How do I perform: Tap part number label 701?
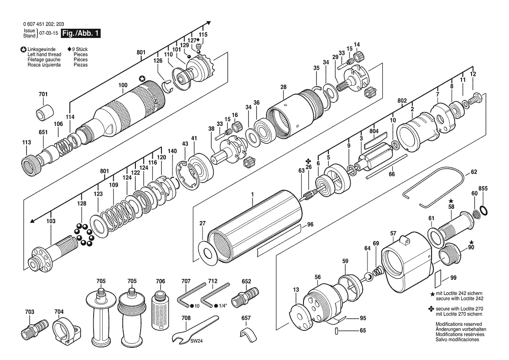pyautogui.click(x=43, y=94)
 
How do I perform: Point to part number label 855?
pyautogui.click(x=483, y=188)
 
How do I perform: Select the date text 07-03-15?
pyautogui.click(x=49, y=33)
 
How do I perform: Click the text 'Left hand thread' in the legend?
pyautogui.click(x=44, y=54)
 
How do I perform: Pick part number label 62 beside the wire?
pyautogui.click(x=474, y=172)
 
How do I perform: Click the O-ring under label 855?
pyautogui.click(x=484, y=211)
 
